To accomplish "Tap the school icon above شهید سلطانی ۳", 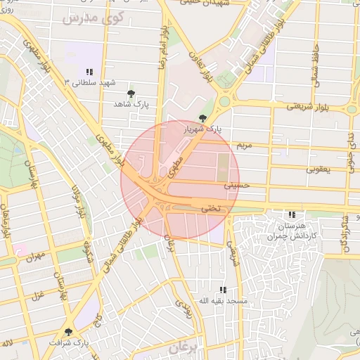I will [x=89, y=72].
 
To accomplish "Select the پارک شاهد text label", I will [x=132, y=104].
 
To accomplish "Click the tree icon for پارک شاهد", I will [x=131, y=93].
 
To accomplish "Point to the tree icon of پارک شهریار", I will [x=203, y=118].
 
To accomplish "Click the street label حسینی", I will [x=237, y=186].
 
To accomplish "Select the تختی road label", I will [x=211, y=208].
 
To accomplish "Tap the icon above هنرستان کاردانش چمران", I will [x=292, y=214].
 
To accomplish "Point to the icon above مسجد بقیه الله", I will [x=223, y=289].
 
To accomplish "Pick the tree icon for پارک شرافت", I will [x=68, y=331].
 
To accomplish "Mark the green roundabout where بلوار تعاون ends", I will [x=224, y=101].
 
